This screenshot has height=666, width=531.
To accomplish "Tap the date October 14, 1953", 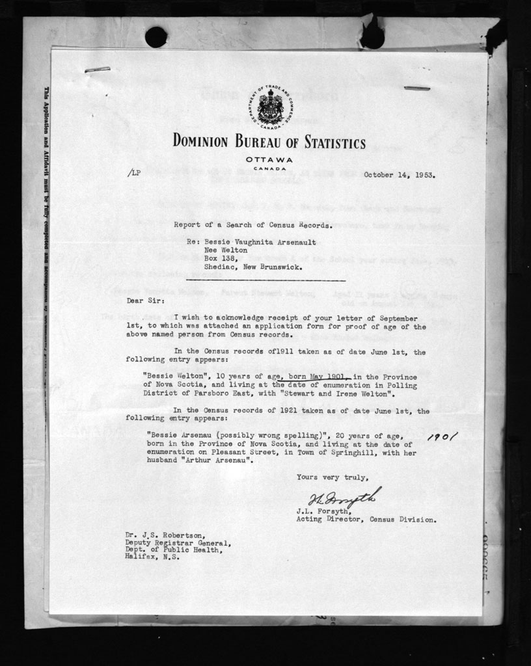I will click(399, 174).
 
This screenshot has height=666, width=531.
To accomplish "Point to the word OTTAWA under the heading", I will click(269, 160).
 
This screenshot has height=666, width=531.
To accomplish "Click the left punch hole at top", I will click(156, 37).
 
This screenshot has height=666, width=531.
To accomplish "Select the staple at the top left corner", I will click(97, 69).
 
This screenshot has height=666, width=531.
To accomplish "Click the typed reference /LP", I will click(133, 174).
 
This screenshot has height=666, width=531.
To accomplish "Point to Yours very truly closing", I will click(327, 477).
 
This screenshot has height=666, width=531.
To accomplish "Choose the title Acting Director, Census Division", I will click(366, 520).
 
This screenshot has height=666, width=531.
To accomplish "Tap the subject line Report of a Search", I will click(253, 225).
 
